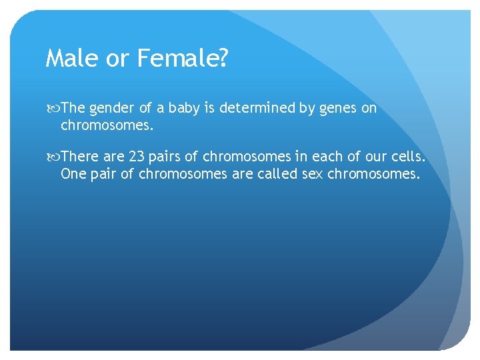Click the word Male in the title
coord(70,59)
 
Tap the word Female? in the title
coord(183,59)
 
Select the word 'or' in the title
coord(116,59)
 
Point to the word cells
coord(408,157)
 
